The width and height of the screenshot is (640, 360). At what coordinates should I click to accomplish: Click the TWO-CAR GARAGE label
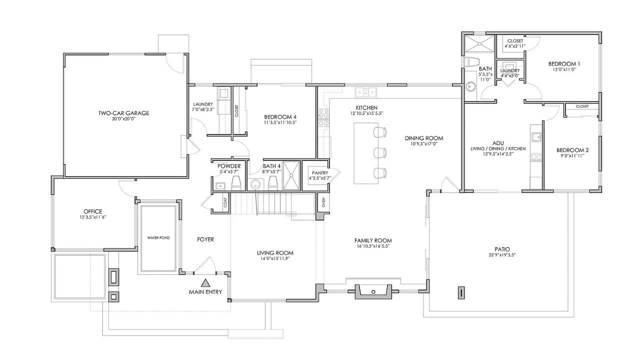pos(123,113)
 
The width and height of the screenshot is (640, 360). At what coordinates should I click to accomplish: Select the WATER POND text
pos(158,237)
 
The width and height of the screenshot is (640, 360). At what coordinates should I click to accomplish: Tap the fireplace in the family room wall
pos(373,291)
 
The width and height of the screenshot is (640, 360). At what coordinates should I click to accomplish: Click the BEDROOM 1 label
pos(564,64)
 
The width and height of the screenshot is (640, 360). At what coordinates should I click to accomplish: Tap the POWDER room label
pos(229,166)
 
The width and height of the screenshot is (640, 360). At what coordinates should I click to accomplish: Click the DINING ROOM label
pos(424,138)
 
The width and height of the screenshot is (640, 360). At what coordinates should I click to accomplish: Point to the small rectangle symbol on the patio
pos(461,292)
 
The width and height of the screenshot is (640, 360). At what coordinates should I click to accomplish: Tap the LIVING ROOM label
pos(275,252)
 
